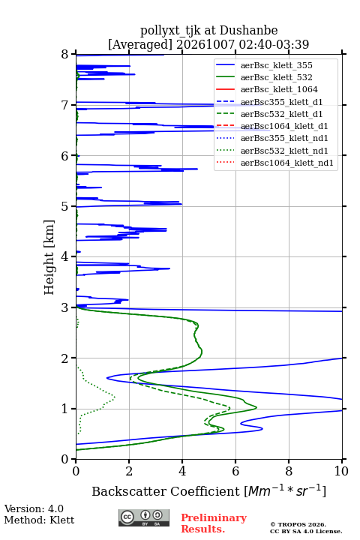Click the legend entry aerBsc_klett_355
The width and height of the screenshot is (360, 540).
point(276,65)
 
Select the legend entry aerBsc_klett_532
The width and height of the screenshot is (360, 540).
point(276,77)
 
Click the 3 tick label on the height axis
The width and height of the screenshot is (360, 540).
point(65,307)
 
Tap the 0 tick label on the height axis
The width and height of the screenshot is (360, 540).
point(65,460)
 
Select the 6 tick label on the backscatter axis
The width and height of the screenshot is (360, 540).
point(235,471)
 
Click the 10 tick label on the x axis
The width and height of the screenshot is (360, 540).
point(341,471)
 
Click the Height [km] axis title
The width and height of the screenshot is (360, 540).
point(49,257)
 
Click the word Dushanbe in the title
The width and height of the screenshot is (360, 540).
point(248,31)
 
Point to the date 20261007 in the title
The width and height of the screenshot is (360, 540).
point(205,44)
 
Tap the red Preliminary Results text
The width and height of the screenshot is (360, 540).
point(214,523)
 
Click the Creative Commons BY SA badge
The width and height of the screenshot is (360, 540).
point(144,518)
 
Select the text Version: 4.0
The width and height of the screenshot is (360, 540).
point(34,508)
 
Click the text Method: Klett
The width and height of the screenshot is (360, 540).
point(39,520)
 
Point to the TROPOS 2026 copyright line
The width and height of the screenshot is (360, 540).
point(298,524)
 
